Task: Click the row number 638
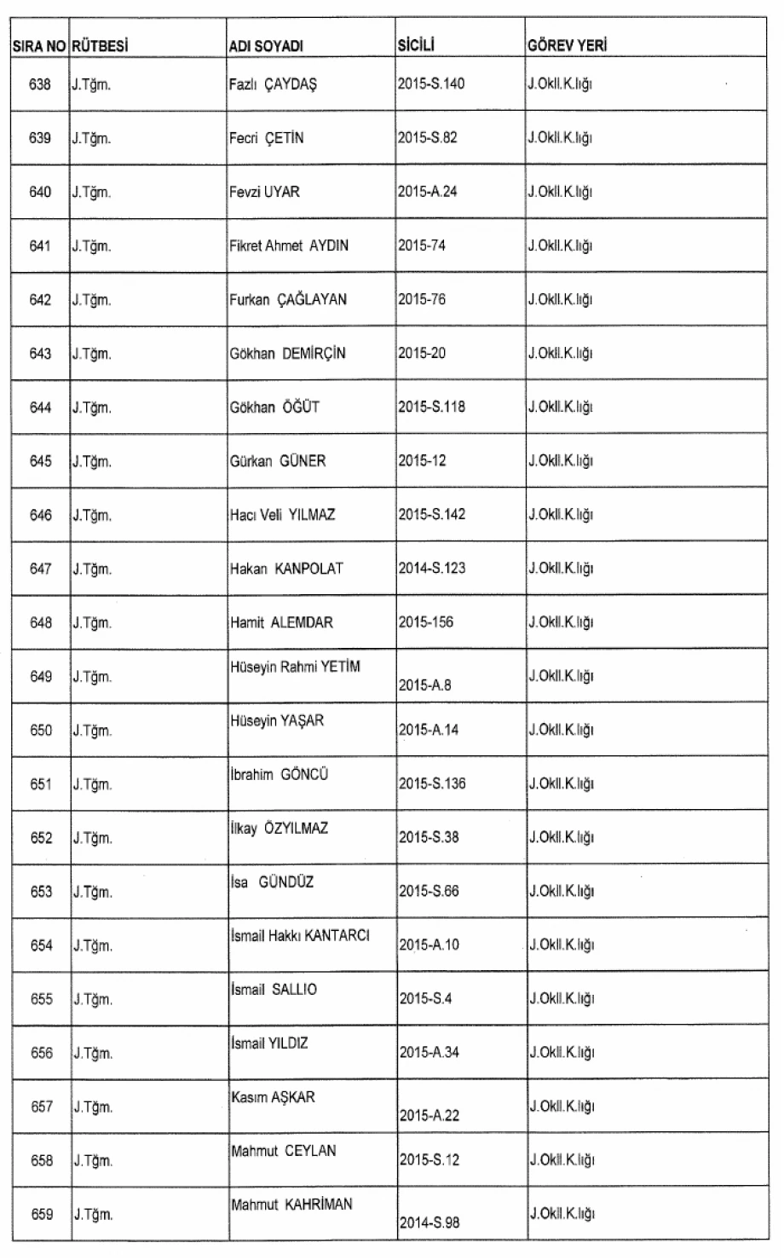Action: pos(40,84)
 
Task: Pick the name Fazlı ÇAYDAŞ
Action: pos(273,84)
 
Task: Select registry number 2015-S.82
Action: pos(428,138)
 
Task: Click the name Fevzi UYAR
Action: pos(264,192)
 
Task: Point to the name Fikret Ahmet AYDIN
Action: pos(289,246)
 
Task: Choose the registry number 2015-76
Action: pos(422,299)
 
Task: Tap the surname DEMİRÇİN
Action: pos(314,354)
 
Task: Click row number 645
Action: pos(40,461)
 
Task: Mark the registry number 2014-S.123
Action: pos(431,569)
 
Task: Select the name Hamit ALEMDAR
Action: pos(281,622)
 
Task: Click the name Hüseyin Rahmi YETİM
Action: pos(295,667)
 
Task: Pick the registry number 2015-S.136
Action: pos(431,783)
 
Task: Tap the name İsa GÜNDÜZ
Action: pos(272,882)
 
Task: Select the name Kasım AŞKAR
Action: pos(273,1097)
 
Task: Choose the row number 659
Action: pos(40,1215)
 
